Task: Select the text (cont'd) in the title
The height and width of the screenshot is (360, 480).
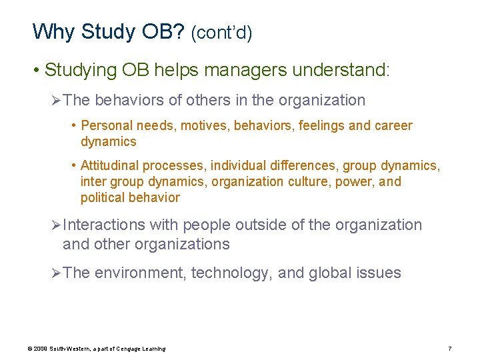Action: [x=221, y=33]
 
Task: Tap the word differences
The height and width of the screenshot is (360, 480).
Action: [x=291, y=165]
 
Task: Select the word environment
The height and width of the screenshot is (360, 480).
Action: [x=141, y=273]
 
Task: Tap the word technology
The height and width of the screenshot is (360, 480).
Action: [x=231, y=273]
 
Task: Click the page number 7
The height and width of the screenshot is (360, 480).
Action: [x=450, y=349]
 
